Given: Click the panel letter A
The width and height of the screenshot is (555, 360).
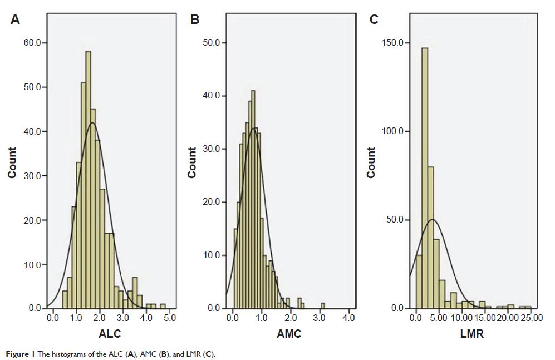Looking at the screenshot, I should pyautogui.click(x=16, y=20).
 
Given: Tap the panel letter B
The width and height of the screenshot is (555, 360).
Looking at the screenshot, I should pyautogui.click(x=195, y=20).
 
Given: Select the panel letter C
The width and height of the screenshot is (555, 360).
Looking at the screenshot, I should pyautogui.click(x=374, y=20).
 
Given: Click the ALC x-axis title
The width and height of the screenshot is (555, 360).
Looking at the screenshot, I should pyautogui.click(x=110, y=334).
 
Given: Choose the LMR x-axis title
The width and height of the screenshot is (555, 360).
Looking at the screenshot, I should pyautogui.click(x=472, y=334).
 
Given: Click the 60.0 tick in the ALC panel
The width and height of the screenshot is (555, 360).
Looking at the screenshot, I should pyautogui.click(x=35, y=43).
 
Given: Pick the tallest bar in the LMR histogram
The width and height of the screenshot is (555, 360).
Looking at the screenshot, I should pyautogui.click(x=425, y=178).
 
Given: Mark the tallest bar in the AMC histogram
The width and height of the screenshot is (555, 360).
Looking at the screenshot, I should pyautogui.click(x=253, y=200).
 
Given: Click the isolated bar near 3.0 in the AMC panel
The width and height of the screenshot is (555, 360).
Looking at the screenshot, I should pyautogui.click(x=323, y=305).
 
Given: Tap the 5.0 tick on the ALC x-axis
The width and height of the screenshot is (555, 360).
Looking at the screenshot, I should pyautogui.click(x=169, y=318).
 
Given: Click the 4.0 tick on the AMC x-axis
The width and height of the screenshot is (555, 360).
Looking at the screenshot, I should pyautogui.click(x=348, y=318).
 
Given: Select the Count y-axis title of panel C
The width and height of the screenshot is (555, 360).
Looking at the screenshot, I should pyautogui.click(x=371, y=162).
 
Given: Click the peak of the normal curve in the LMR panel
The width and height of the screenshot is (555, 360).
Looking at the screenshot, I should pyautogui.click(x=434, y=219).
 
